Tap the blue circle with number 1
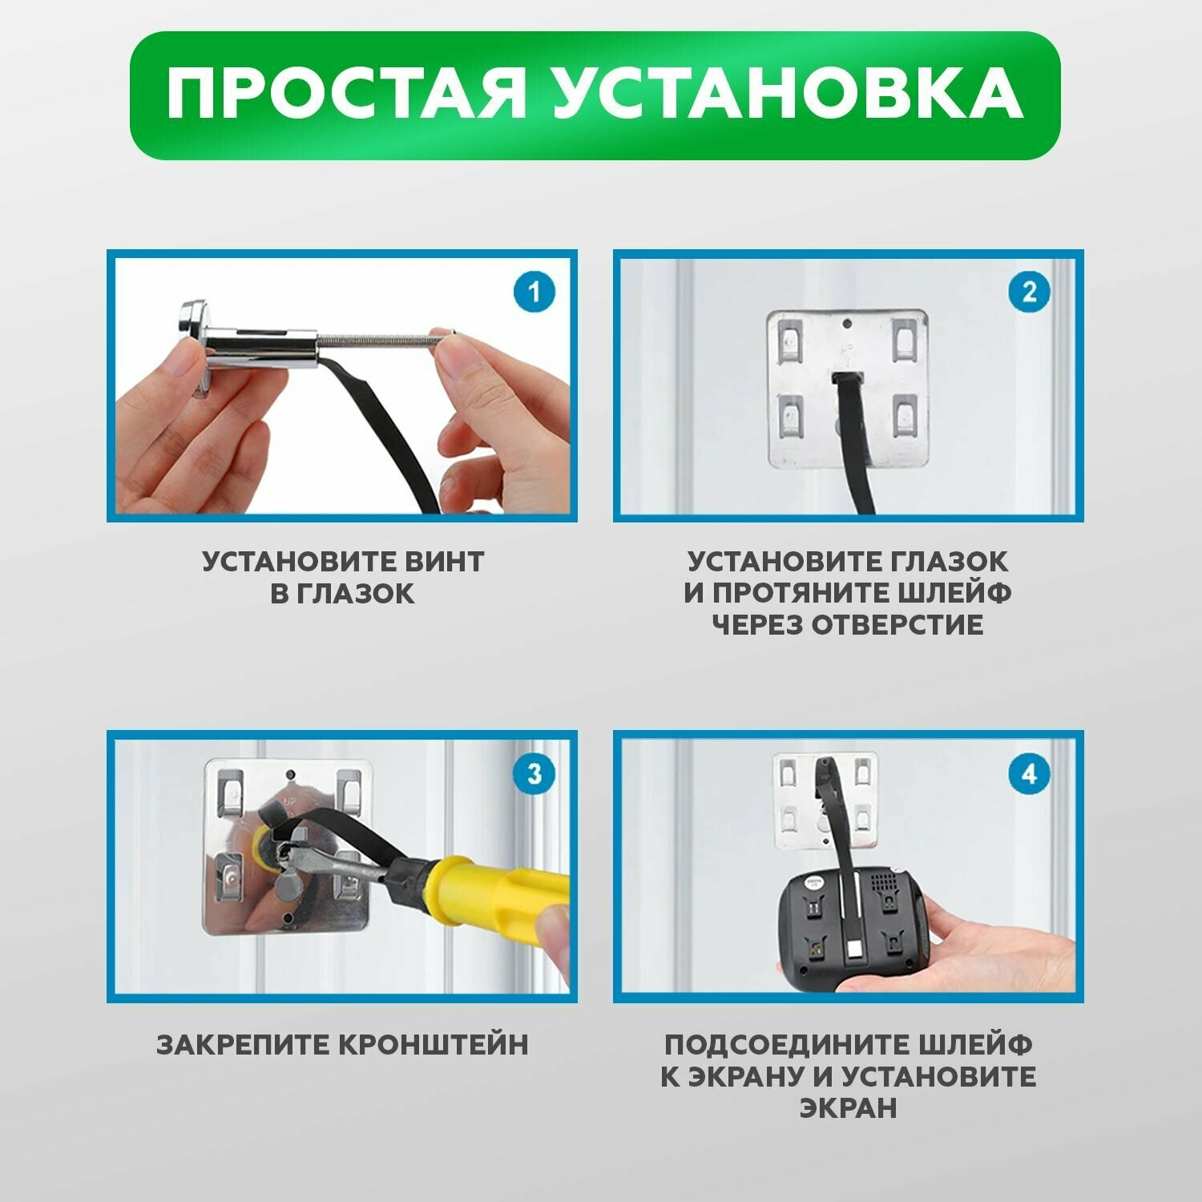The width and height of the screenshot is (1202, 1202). tap(534, 292)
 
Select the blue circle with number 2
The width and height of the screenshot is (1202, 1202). tap(1029, 292)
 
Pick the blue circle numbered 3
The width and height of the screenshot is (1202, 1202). tap(534, 774)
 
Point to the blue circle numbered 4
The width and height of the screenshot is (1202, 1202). tap(1029, 774)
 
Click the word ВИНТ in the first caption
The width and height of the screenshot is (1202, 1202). tap(444, 561)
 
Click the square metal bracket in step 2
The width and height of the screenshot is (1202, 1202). tap(848, 389)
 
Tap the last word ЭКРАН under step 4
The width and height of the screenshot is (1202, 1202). tap(848, 1109)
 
